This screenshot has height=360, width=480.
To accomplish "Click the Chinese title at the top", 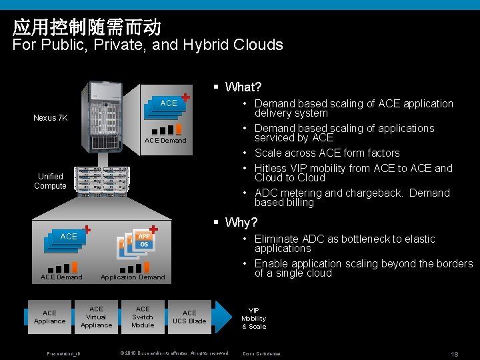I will point(87,27).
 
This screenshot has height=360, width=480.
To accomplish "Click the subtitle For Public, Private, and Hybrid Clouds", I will point(148,45).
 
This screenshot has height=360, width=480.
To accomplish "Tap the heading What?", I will point(243,87).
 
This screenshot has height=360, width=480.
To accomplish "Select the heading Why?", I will point(241,222).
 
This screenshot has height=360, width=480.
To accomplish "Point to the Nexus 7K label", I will point(51,118).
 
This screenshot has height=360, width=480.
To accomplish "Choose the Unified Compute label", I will point(50,181).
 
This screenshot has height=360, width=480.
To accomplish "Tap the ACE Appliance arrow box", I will point(50,317).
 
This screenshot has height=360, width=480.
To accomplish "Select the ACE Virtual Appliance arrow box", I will point(97,317).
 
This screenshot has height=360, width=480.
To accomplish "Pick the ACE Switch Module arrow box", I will point(143,317).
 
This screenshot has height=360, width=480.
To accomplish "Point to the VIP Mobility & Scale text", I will point(254,319).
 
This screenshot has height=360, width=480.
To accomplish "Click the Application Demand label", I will point(133,277).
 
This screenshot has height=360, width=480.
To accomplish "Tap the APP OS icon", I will point(143,241).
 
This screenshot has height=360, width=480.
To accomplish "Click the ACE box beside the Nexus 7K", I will point(169,103).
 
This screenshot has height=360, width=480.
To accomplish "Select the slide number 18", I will point(455,353).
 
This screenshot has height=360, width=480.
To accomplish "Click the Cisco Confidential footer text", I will point(262,353).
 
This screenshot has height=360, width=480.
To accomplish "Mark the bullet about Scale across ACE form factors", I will point(327,153).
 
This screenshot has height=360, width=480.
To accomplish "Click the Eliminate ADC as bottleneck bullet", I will point(345,243).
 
